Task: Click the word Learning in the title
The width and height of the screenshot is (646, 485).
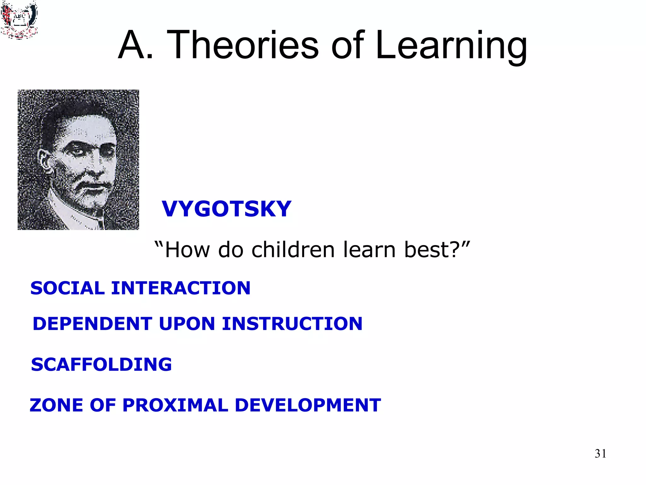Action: point(451,46)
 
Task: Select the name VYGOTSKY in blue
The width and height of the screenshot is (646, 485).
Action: point(226,209)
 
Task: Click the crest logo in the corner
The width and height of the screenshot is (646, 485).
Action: point(19,20)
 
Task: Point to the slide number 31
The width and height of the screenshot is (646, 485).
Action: point(600,453)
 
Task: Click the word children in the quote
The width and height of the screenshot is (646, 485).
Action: point(293,249)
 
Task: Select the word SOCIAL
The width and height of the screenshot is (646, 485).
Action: point(68,288)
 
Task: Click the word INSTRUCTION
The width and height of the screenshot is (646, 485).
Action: point(292,324)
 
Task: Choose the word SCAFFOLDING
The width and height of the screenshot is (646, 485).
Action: point(101,364)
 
